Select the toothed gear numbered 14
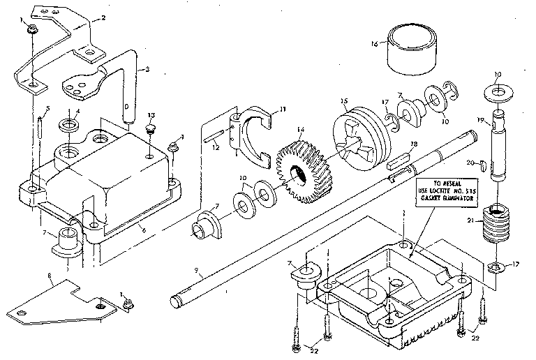304,172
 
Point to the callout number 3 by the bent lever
147,69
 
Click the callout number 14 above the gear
301,130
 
